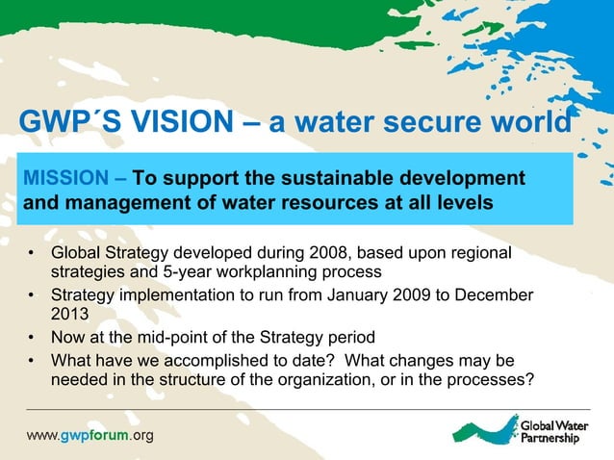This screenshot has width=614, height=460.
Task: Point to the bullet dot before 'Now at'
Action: pos(32,337)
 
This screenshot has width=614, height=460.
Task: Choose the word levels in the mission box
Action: pos(461,203)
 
